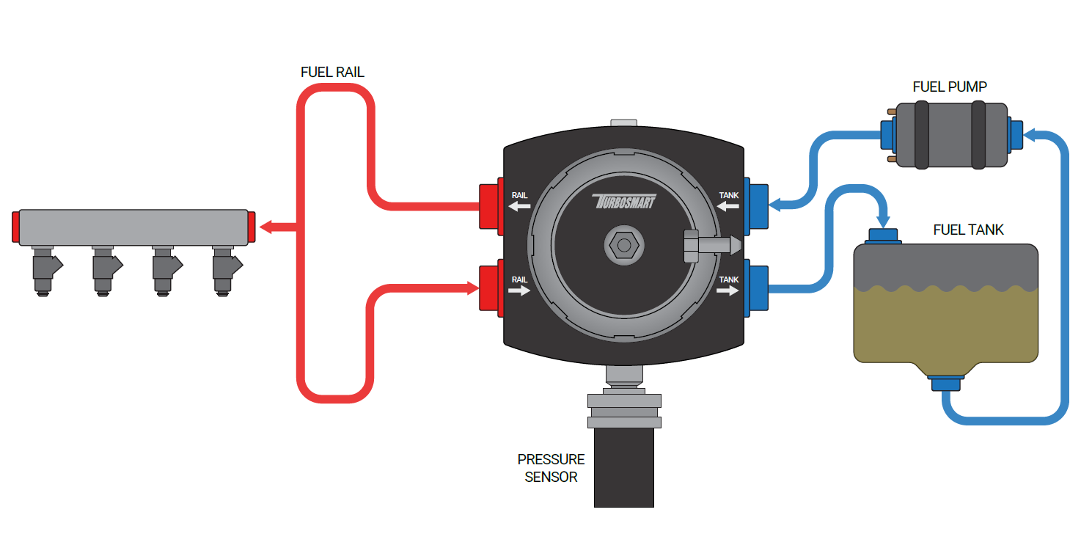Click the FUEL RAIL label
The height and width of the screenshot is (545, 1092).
pyautogui.click(x=332, y=72)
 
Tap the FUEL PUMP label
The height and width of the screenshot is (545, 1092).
pyautogui.click(x=950, y=87)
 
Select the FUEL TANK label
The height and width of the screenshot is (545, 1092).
pyautogui.click(x=968, y=230)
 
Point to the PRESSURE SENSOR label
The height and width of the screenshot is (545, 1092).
pyautogui.click(x=551, y=468)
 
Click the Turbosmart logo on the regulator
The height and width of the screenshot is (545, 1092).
pyautogui.click(x=624, y=201)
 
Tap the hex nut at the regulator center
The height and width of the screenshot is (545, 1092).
pyautogui.click(x=624, y=245)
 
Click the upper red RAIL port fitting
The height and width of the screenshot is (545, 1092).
pyautogui.click(x=491, y=207)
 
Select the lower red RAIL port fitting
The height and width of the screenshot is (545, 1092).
pyautogui.click(x=491, y=288)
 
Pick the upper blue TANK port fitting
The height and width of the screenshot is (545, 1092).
pyautogui.click(x=756, y=207)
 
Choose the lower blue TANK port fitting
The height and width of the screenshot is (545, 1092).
pyautogui.click(x=756, y=288)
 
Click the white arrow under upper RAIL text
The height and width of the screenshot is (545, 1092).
pyautogui.click(x=519, y=206)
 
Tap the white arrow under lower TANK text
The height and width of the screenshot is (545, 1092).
pyautogui.click(x=728, y=290)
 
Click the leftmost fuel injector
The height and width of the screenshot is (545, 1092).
pyautogui.click(x=45, y=271)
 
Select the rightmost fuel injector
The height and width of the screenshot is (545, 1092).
pyautogui.click(x=225, y=271)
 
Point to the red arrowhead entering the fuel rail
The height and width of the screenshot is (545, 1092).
pyautogui.click(x=266, y=227)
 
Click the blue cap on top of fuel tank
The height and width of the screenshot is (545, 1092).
pyautogui.click(x=883, y=236)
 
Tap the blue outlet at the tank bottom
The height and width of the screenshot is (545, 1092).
pyautogui.click(x=946, y=383)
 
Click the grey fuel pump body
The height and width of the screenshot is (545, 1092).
pyautogui.click(x=951, y=135)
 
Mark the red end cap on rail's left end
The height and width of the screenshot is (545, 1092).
pyautogui.click(x=15, y=227)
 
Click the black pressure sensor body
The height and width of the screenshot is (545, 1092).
pyautogui.click(x=624, y=468)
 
